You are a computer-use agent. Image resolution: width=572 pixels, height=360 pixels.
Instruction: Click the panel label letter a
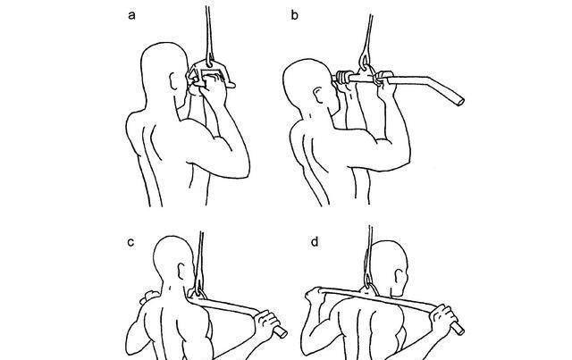pyautogui.click(x=132, y=16)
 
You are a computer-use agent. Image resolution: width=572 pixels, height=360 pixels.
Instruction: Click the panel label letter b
pyautogui.click(x=295, y=15)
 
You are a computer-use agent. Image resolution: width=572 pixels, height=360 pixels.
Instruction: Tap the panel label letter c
pyautogui.click(x=131, y=242)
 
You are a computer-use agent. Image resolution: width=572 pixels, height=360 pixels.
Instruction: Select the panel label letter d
pyautogui.click(x=315, y=241)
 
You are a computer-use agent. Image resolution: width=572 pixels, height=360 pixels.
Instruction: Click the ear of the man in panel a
pyautogui.click(x=174, y=81)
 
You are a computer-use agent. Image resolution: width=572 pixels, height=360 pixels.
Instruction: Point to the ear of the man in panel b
pyautogui.click(x=318, y=96)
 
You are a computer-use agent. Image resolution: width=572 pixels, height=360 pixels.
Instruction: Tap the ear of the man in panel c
pyautogui.click(x=181, y=271)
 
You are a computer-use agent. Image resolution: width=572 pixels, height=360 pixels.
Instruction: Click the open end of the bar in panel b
pyautogui.click(x=461, y=102)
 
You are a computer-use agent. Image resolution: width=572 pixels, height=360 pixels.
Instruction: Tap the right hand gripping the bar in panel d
pyautogui.click(x=443, y=318)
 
